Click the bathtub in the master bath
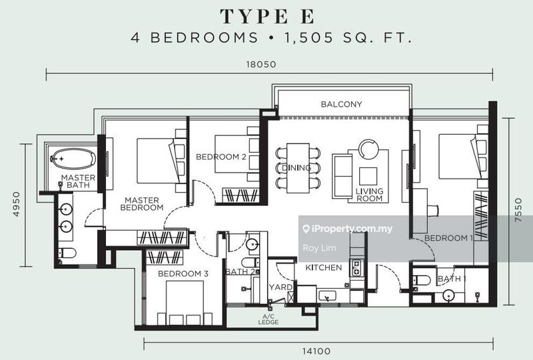point(73,159)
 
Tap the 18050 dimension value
point(261,64)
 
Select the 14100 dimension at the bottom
point(316,351)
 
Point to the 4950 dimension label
point(16,204)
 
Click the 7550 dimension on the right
point(518,210)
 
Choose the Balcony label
point(341,104)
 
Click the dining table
point(298,168)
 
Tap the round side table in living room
point(368,149)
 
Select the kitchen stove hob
point(356,267)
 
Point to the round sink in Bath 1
point(449,296)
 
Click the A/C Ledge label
point(268,319)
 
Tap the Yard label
point(280,287)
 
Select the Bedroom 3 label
point(183,273)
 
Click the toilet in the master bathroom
point(67,253)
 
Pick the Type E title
point(267,16)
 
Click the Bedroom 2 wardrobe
point(241,195)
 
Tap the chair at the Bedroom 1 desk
point(432,210)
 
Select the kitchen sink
point(326,296)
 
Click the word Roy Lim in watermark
point(319,248)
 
